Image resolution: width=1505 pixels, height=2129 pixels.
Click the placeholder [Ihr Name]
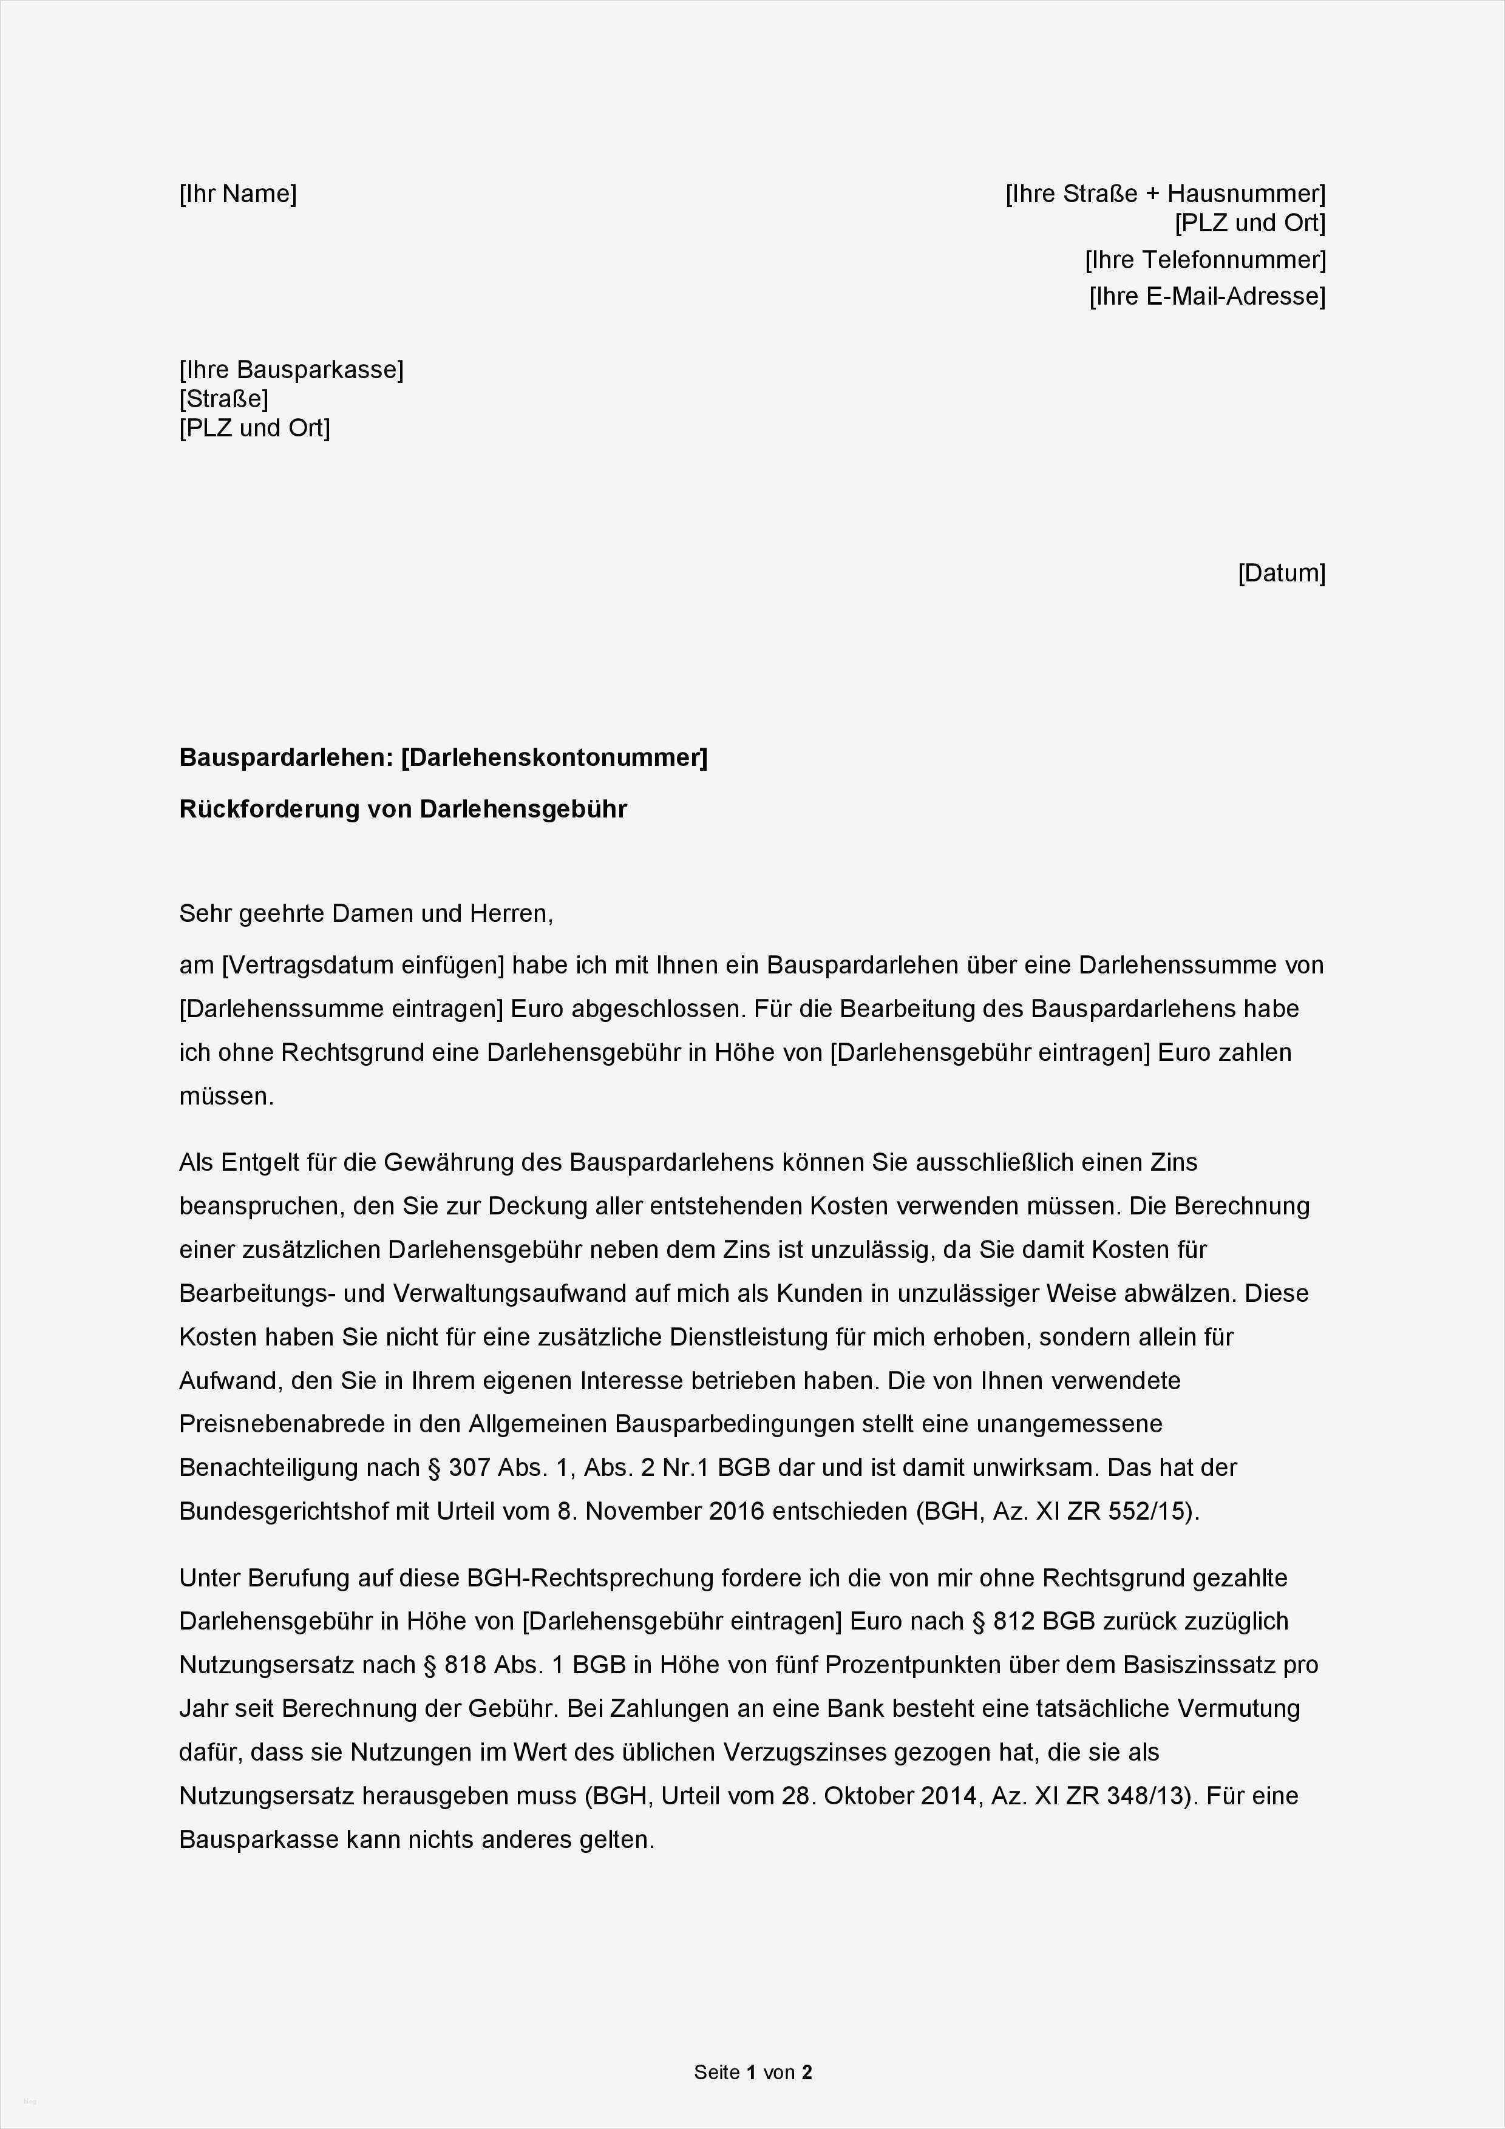(237, 194)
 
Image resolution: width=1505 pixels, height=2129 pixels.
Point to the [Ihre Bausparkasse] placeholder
(291, 370)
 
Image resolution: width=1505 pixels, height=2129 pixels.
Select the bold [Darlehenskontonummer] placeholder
(554, 757)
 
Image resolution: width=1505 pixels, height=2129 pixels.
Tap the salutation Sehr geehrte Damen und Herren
(365, 913)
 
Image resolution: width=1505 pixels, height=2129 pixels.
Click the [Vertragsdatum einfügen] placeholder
(362, 966)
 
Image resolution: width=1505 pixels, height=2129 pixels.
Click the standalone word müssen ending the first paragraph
(225, 1096)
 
